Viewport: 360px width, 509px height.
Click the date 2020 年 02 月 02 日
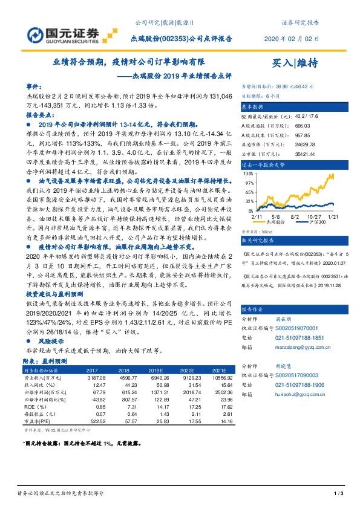(x=292, y=39)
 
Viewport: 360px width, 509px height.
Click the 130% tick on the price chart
(x=248, y=173)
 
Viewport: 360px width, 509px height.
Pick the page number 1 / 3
(x=339, y=494)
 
